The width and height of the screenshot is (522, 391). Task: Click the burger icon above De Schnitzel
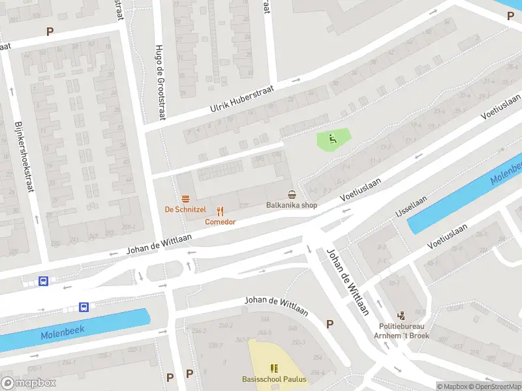click(x=186, y=198)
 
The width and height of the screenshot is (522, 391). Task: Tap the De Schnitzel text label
click(x=185, y=209)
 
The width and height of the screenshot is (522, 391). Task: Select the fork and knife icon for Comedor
click(x=221, y=210)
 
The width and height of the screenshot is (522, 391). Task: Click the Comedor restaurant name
click(x=221, y=222)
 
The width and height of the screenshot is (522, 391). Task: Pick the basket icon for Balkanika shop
click(x=292, y=194)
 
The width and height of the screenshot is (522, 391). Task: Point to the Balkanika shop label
click(x=292, y=205)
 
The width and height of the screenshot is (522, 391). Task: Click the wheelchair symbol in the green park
click(x=333, y=138)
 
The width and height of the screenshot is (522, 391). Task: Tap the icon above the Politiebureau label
click(x=401, y=315)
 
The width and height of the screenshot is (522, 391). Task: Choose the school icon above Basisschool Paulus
click(x=273, y=369)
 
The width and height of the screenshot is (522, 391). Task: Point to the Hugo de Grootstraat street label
click(x=160, y=81)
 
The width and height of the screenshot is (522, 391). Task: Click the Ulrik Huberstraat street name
click(x=241, y=100)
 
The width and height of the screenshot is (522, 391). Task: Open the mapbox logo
click(x=29, y=383)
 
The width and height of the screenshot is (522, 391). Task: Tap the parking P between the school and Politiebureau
click(x=330, y=324)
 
